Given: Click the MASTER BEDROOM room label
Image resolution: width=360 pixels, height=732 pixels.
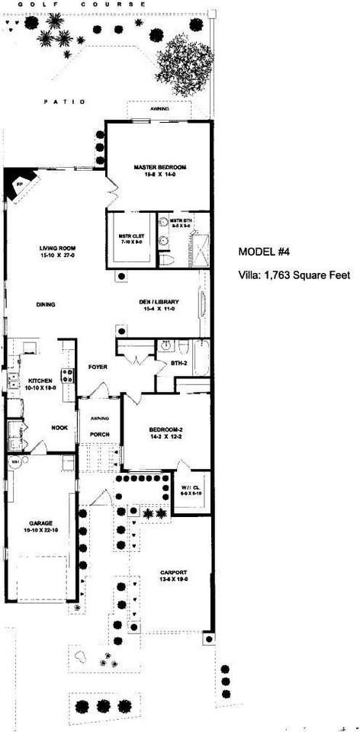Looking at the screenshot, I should (160, 166).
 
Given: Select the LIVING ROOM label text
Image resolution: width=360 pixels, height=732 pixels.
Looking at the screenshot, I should (56, 249).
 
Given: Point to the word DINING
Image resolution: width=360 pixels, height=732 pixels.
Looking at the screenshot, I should (46, 305).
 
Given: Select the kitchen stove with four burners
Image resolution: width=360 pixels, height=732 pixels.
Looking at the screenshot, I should (67, 374).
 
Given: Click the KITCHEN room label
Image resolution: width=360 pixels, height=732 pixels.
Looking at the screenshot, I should (40, 380).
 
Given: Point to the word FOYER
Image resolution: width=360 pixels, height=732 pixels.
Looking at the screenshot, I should (98, 367).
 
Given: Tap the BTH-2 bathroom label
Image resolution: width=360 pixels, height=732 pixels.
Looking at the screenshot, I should (179, 363).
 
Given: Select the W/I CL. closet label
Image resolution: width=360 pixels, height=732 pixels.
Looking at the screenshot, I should (191, 489).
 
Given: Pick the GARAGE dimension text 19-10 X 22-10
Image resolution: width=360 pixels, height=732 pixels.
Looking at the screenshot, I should (38, 528).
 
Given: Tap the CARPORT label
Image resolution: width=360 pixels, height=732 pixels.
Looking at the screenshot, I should (174, 572).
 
